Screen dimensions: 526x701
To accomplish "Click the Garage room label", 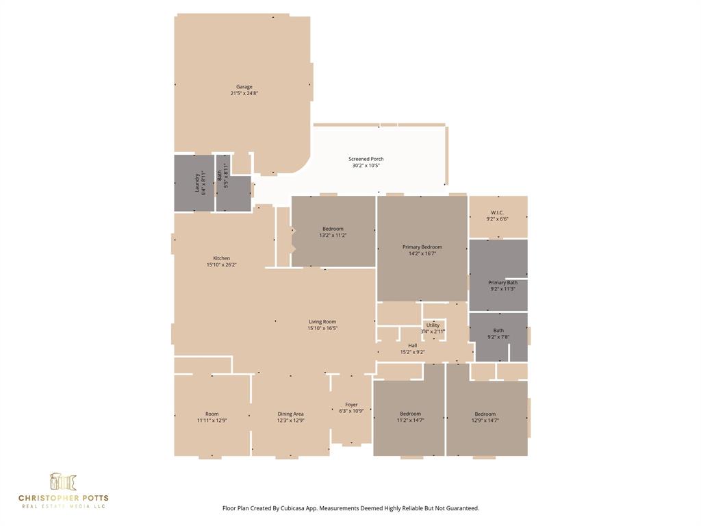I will (244, 87).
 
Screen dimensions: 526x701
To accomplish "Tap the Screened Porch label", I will (366, 159).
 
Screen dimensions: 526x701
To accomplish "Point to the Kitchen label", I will (221, 258).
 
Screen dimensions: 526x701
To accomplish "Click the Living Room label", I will (322, 322).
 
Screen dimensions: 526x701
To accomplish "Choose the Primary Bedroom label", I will (422, 247).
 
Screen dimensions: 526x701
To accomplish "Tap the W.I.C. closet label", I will (498, 212).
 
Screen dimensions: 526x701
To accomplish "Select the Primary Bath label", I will (502, 282).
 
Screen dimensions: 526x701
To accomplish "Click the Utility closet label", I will (433, 325).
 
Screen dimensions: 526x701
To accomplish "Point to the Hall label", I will (412, 346).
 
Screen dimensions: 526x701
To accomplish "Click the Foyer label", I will (351, 405).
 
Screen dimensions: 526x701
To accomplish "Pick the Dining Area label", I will (290, 414).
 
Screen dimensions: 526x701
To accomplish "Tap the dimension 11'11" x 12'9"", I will (212, 421).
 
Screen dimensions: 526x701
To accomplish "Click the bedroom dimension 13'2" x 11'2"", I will (333, 235).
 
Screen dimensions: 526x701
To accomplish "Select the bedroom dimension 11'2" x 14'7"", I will (410, 421).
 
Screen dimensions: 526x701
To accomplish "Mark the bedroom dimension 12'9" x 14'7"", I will (485, 421).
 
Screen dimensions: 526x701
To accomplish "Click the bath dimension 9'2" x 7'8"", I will (498, 337).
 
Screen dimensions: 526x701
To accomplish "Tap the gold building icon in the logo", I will (63, 481).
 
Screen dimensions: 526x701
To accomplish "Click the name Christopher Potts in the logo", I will (63, 498).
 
